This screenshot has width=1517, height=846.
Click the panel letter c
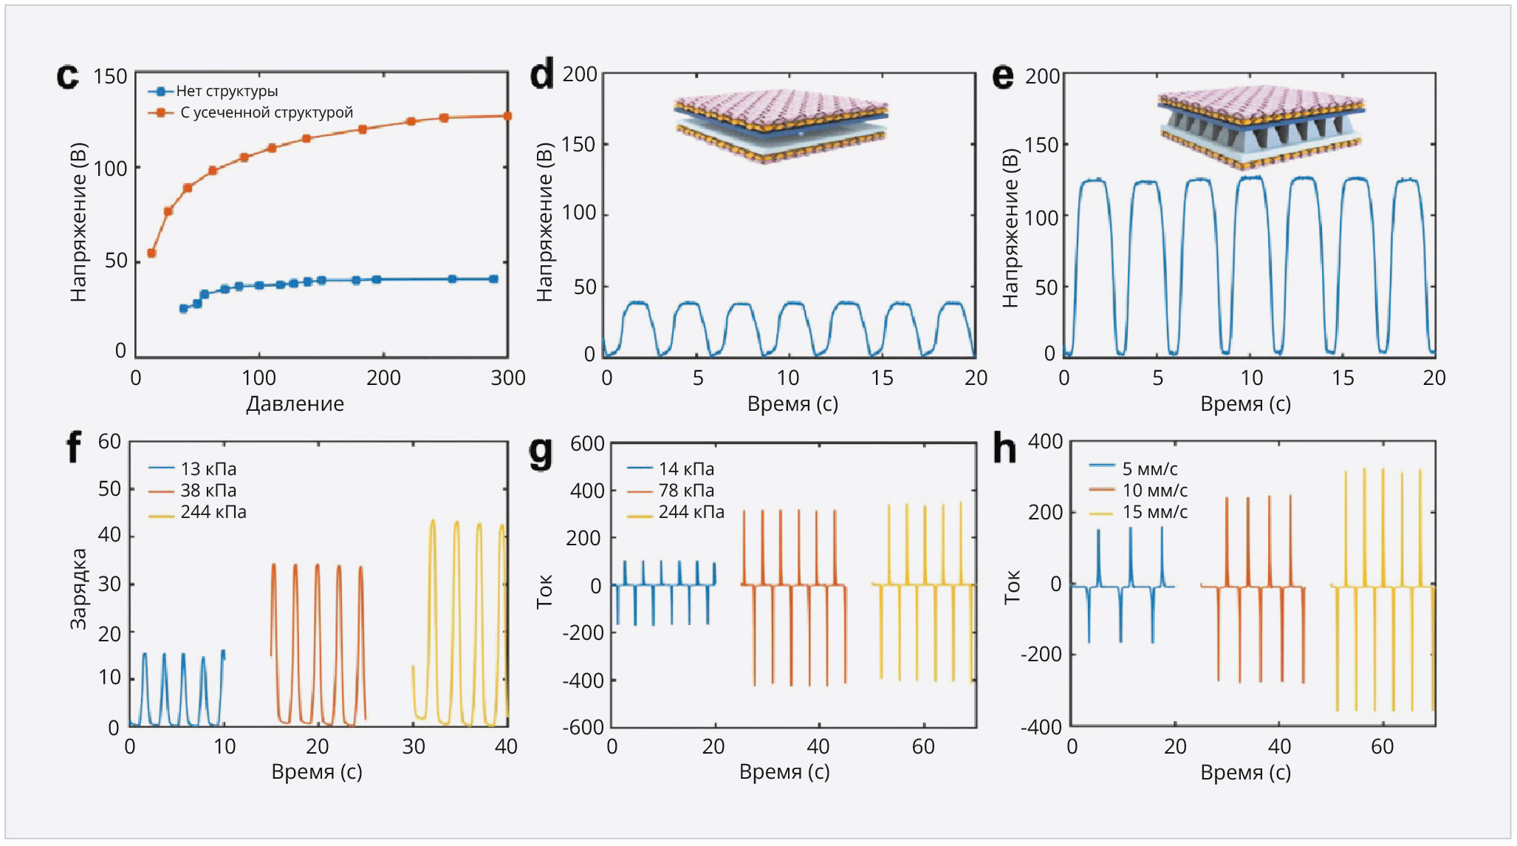[x=67, y=77]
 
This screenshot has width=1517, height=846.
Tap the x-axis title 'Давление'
[x=295, y=404]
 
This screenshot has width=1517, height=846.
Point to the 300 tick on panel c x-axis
[x=508, y=378]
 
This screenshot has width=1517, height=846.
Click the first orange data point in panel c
[x=151, y=253]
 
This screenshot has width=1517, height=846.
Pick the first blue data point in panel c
[x=183, y=309]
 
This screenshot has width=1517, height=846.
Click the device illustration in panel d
[x=781, y=126]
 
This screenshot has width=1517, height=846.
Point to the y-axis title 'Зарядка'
[x=78, y=589]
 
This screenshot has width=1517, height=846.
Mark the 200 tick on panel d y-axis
[x=580, y=75]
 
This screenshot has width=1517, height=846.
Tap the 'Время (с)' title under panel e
[x=1245, y=404]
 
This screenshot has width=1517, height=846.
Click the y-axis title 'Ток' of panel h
[x=1013, y=587]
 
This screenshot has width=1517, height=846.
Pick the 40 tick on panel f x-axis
[x=506, y=747]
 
